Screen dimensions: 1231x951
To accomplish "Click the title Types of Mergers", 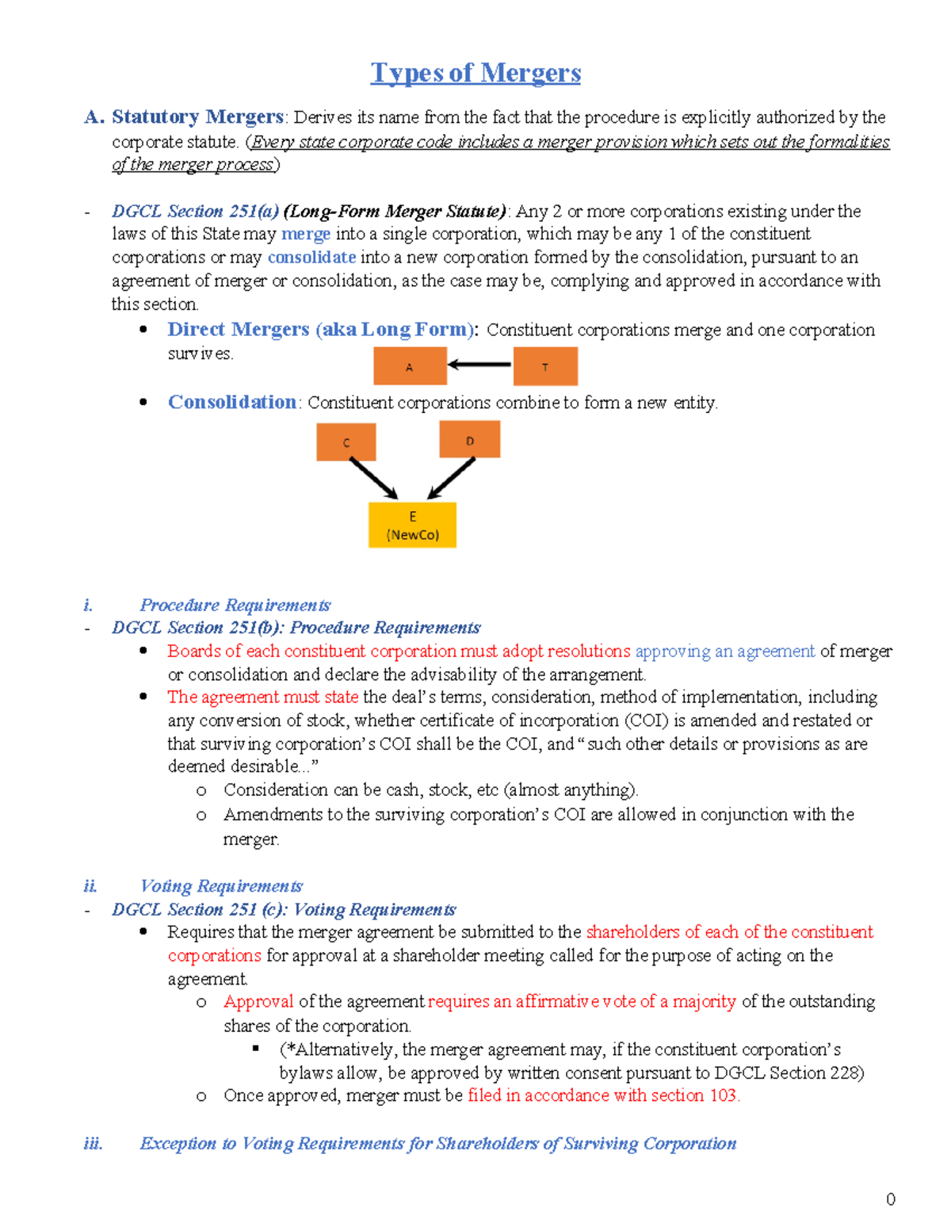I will pos(475,73).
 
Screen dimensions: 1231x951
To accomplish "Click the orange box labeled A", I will pos(409,367).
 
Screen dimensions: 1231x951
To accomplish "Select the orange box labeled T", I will pos(545,367).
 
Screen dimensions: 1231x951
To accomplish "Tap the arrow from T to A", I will pos(480,365).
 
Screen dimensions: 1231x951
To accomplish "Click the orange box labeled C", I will pos(346,442).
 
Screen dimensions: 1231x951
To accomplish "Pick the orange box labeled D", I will pos(470,440).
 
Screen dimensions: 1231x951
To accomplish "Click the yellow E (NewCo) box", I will pos(412,525).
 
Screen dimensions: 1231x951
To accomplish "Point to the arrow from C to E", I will pos(373,478).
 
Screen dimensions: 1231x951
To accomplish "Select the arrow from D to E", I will pos(452,478).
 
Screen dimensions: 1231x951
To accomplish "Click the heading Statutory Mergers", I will pos(197,117).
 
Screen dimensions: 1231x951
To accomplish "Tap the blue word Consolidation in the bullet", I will pos(232,403).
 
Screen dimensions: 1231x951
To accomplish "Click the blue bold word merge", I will pos(305,235).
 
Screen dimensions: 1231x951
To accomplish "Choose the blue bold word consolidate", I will pos(311,258).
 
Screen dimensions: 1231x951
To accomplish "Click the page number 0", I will pos(891,1199).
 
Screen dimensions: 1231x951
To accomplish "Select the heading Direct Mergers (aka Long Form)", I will pos(321,330).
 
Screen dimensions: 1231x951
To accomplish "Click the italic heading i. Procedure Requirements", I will pos(235,606).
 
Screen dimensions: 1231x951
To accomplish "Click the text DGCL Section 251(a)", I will pos(195,212).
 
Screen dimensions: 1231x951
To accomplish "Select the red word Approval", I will pos(258,1002).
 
